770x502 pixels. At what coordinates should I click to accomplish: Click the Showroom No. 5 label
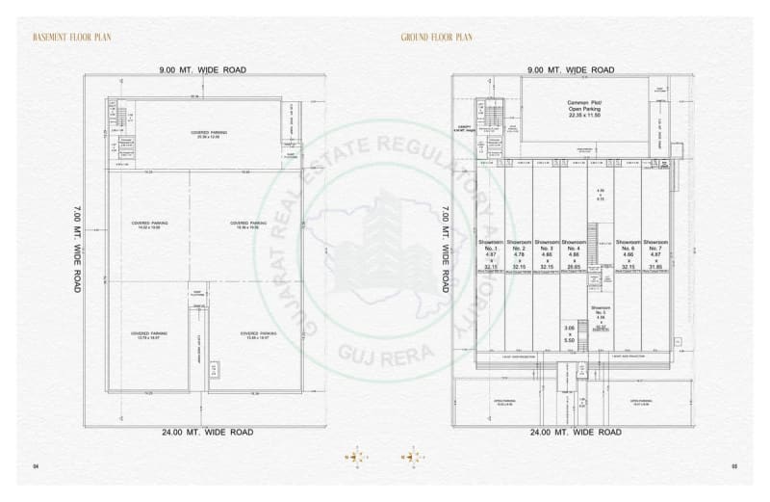point(600,311)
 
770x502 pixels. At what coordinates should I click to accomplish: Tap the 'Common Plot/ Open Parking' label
point(589,105)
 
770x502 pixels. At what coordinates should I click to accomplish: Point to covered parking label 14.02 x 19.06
point(149,225)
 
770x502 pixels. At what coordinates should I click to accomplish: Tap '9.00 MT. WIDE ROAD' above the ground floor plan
point(571,69)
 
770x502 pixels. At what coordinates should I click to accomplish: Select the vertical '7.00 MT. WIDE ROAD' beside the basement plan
point(76,248)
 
